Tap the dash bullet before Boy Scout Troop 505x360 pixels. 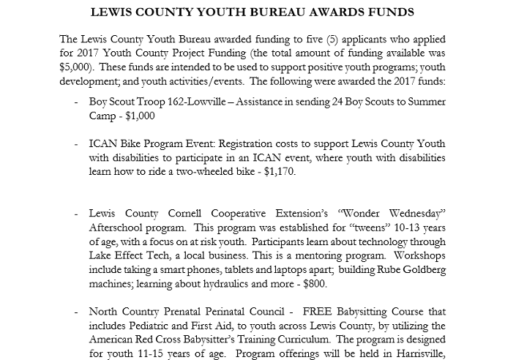pos(77,102)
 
